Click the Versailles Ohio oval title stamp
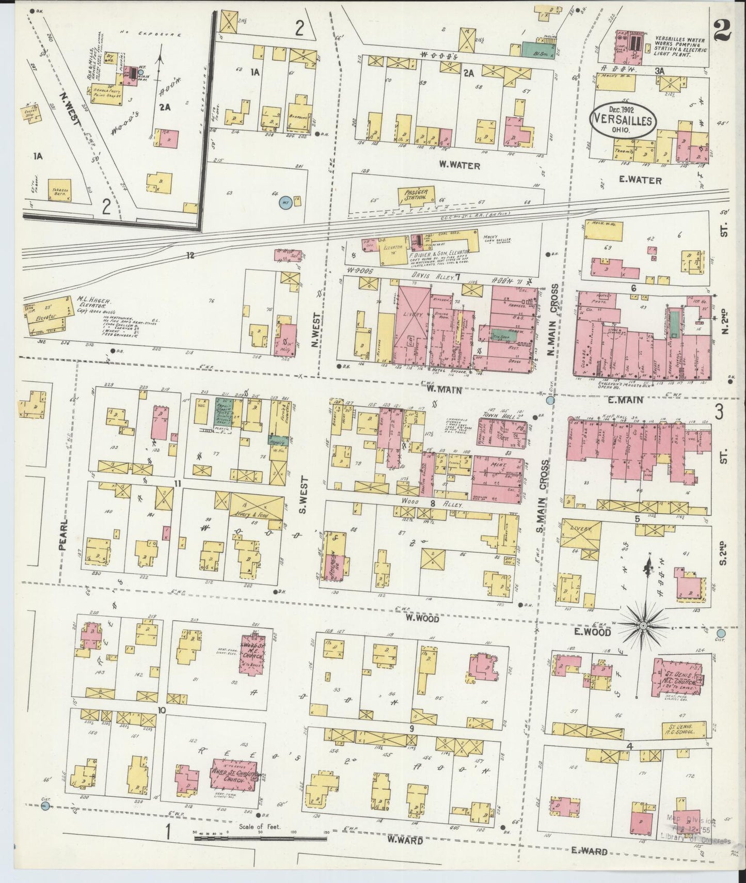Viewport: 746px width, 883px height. (624, 120)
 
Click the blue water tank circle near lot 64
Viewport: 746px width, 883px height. (283, 202)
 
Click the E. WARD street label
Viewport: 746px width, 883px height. (589, 852)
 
